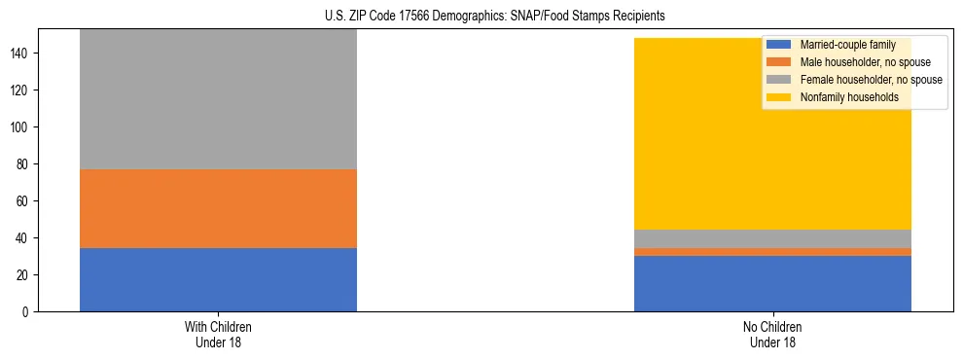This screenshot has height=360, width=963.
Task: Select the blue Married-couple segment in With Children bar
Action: click(218, 279)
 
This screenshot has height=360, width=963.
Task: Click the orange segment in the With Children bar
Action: click(218, 208)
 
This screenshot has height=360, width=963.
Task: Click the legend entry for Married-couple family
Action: click(846, 45)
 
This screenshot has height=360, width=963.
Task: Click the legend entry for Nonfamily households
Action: click(849, 97)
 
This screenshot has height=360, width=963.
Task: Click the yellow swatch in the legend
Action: click(779, 97)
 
